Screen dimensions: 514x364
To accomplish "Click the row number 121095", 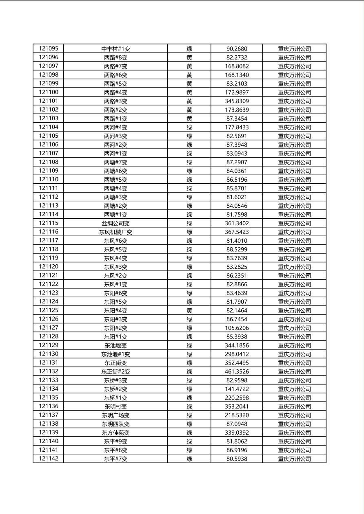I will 49,48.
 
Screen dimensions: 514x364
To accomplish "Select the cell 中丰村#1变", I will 115,49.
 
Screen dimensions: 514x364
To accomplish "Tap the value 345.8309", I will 237,101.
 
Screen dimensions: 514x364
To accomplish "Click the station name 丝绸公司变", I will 115,223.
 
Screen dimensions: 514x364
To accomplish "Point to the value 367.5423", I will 237,232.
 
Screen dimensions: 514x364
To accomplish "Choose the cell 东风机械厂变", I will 115,232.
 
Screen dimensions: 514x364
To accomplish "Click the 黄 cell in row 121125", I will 189,311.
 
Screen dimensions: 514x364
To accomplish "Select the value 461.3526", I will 237,371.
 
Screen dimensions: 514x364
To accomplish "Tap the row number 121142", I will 49,459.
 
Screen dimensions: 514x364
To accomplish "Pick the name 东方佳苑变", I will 115,433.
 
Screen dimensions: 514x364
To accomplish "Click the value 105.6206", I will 237,328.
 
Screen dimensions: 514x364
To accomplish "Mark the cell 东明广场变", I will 115,415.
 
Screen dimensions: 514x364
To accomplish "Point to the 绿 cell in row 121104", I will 189,127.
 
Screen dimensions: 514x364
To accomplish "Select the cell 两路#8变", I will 115,57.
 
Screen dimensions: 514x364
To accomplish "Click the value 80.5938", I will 237,459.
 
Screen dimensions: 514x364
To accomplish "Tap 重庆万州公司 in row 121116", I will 294,232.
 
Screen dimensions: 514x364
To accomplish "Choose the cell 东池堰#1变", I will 115,354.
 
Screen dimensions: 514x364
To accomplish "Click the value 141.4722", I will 237,389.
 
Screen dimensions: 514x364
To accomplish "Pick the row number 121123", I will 49,293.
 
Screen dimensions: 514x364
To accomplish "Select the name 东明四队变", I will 115,424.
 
